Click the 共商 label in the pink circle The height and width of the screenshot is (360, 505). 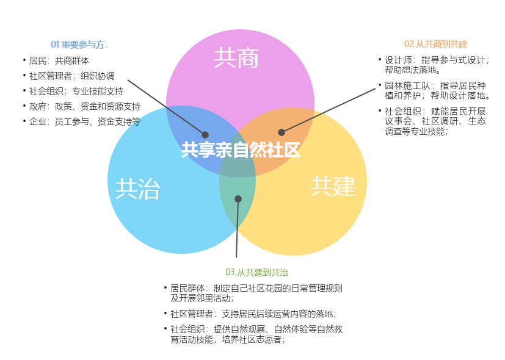click(236, 58)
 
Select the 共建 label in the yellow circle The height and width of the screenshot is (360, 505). click(333, 186)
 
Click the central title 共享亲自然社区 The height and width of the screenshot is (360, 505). click(241, 150)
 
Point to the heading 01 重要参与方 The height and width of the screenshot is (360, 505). click(79, 45)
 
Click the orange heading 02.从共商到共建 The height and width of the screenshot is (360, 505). click(436, 44)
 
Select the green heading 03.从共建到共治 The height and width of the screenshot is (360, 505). click(256, 272)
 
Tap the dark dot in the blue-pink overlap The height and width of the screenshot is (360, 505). click(205, 135)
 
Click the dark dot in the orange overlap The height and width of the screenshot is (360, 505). click(282, 132)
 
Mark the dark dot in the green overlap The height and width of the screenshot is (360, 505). click(238, 199)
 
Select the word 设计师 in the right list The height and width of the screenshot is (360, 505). click(398, 60)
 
